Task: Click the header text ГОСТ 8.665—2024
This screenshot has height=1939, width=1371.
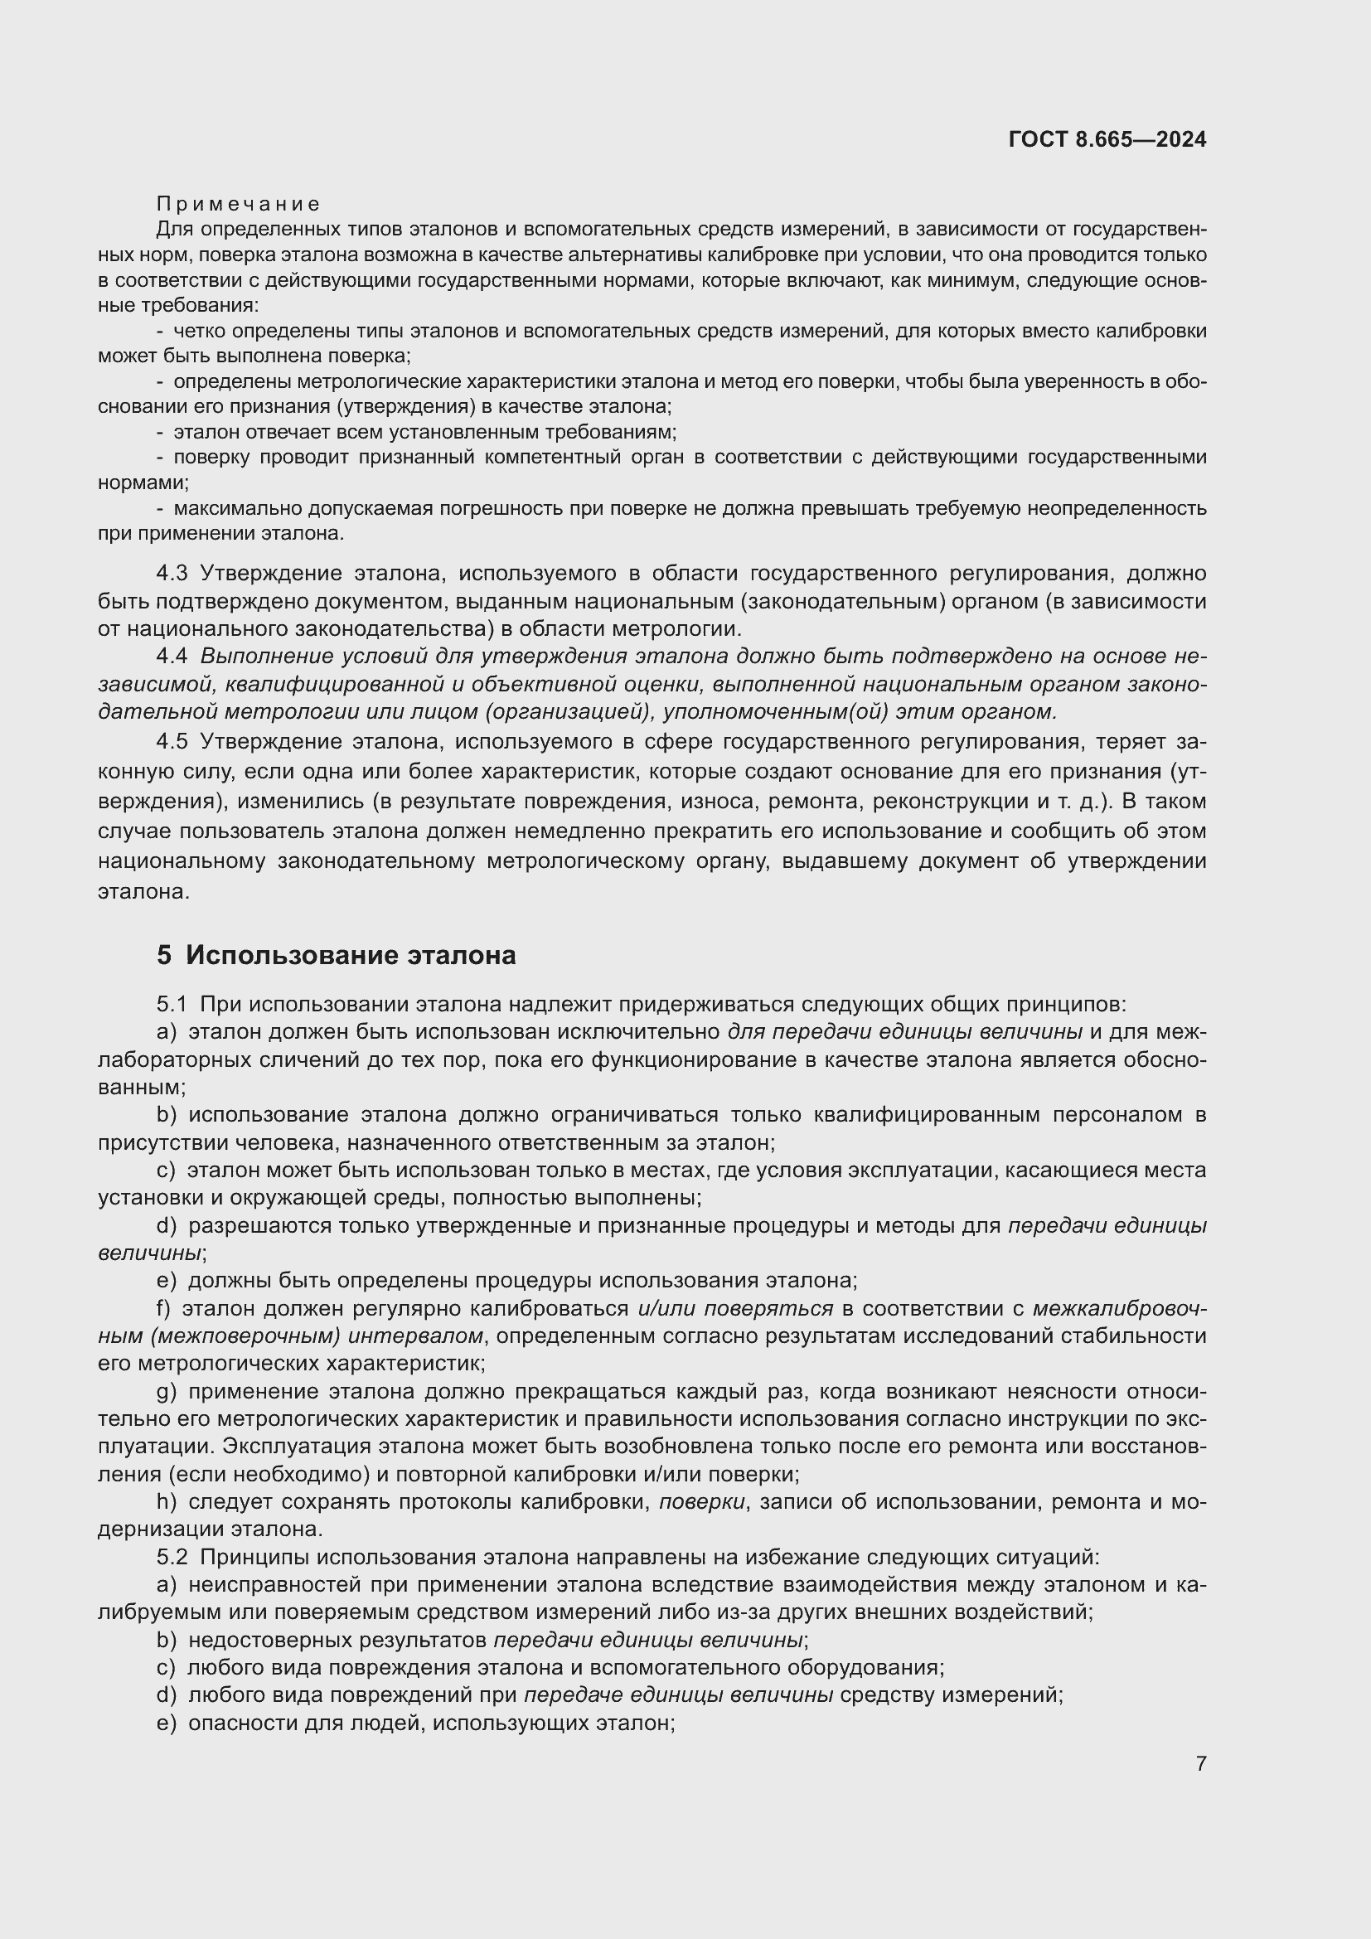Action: coord(1107,139)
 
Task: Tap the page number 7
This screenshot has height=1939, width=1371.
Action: coord(1200,1763)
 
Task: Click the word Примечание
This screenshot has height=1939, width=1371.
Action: coord(238,204)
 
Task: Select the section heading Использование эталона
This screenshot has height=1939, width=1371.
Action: coord(351,956)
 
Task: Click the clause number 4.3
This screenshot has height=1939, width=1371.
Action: coord(172,574)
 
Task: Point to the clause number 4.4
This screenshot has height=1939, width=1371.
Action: coord(172,657)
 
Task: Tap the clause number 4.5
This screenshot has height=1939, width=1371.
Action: coord(172,741)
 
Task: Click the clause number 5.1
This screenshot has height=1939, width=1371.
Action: coord(172,1004)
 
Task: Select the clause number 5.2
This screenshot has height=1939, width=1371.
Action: coord(172,1557)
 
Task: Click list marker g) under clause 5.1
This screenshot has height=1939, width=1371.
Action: coord(167,1391)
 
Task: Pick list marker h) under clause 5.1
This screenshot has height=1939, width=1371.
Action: coord(167,1501)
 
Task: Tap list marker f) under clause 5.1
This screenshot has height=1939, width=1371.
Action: coord(164,1308)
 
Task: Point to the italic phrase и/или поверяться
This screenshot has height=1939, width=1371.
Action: coord(734,1308)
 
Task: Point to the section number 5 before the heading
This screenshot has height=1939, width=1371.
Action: coord(164,956)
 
